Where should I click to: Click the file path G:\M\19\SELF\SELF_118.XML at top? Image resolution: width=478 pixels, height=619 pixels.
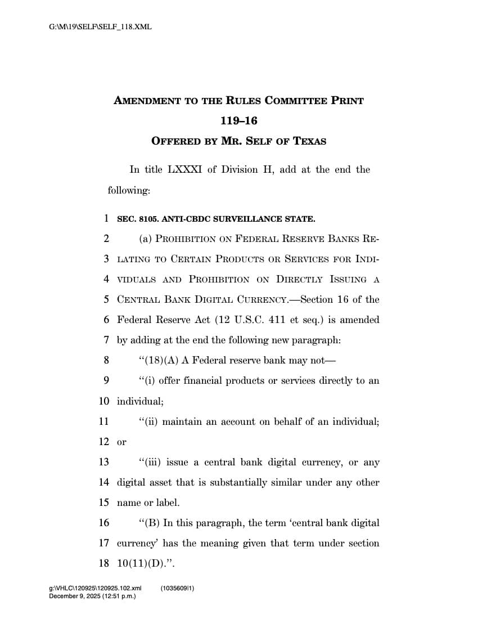(x=101, y=26)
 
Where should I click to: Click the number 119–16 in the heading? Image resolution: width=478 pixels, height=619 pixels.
(x=238, y=120)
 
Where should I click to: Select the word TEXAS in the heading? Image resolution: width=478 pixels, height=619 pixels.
(x=308, y=141)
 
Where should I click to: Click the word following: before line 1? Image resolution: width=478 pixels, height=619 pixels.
(x=129, y=190)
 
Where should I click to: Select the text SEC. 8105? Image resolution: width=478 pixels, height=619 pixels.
(x=137, y=219)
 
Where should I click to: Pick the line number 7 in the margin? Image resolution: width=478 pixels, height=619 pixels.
(x=106, y=340)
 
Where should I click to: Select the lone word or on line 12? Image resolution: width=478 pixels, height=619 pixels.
(x=121, y=442)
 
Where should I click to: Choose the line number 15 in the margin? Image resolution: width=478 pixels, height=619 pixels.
(x=104, y=503)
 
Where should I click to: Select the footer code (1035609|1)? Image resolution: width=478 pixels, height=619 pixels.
(x=177, y=589)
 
